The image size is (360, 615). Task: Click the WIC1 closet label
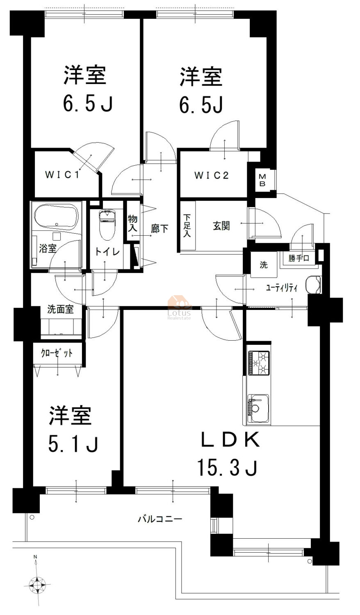[x=62, y=175]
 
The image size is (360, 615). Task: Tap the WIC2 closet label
[x=212, y=175]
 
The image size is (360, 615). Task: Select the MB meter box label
[x=262, y=180]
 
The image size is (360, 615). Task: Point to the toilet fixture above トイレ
[x=107, y=224]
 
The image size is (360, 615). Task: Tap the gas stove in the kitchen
[x=259, y=363]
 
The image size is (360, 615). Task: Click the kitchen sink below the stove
[x=258, y=408]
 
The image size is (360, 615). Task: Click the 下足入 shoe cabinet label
[x=187, y=225]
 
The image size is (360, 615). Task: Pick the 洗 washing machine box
[x=264, y=265]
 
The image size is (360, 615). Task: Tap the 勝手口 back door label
[x=298, y=258]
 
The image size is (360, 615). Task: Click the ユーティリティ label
[x=282, y=288]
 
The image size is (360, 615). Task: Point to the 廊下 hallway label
[x=159, y=228]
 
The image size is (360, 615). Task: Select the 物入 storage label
[x=132, y=223]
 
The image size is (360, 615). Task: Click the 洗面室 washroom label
[x=60, y=310]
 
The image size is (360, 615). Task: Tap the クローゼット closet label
[x=57, y=353]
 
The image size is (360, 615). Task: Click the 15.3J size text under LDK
[x=228, y=468]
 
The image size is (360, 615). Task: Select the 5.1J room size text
[x=73, y=444]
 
